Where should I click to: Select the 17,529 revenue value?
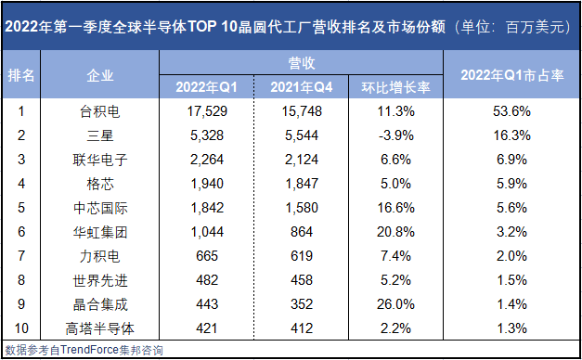coord(208,111)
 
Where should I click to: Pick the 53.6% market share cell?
coord(513,111)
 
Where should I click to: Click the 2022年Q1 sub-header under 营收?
coord(208,87)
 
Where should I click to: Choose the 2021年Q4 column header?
coord(303,87)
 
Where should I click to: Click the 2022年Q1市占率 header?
coord(513,75)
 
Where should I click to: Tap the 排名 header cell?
coord(21,75)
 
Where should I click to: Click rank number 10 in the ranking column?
coord(21,327)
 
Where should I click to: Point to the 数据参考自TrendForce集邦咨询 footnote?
coord(84,350)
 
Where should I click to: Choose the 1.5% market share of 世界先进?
coord(513,279)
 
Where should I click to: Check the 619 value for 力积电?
coord(303,255)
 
